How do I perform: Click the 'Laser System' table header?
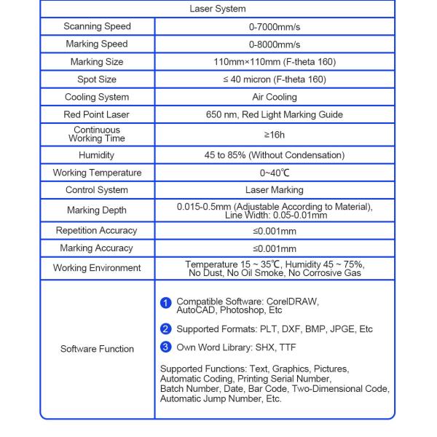[218, 9]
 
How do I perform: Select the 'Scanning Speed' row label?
[97, 27]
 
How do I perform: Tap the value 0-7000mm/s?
[275, 27]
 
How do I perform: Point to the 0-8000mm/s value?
[275, 44]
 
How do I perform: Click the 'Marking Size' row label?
[97, 62]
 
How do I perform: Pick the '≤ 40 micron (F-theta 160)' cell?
[275, 79]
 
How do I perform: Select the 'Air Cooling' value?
[275, 97]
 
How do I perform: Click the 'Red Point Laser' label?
[97, 114]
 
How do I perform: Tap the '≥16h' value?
[275, 135]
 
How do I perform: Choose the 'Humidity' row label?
[97, 155]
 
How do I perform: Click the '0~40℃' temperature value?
[275, 173]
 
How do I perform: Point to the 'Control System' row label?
[97, 190]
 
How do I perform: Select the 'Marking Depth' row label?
[97, 210]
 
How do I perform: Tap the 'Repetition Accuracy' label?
[97, 231]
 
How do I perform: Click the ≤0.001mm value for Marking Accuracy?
[275, 248]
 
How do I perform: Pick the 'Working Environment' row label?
[97, 268]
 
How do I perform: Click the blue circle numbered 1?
[166, 303]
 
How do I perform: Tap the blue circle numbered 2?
[166, 329]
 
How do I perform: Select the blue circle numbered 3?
[166, 347]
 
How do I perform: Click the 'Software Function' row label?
[97, 349]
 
